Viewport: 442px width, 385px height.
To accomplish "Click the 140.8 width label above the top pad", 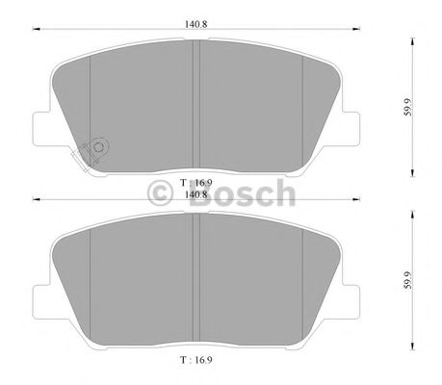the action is (195, 24).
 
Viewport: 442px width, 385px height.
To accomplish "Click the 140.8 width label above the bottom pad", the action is (195, 194).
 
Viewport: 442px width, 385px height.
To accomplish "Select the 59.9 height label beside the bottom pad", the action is (407, 280).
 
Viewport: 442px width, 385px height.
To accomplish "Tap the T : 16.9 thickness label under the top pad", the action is (195, 183).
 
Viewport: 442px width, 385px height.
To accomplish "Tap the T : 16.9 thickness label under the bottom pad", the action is (195, 360).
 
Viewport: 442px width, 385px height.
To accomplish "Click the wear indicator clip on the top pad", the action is (91, 153).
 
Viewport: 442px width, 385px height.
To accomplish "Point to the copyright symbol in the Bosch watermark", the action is (160, 193).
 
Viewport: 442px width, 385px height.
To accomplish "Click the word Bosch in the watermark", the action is (242, 193).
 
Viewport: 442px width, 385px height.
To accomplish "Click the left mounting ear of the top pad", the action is (41, 128).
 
